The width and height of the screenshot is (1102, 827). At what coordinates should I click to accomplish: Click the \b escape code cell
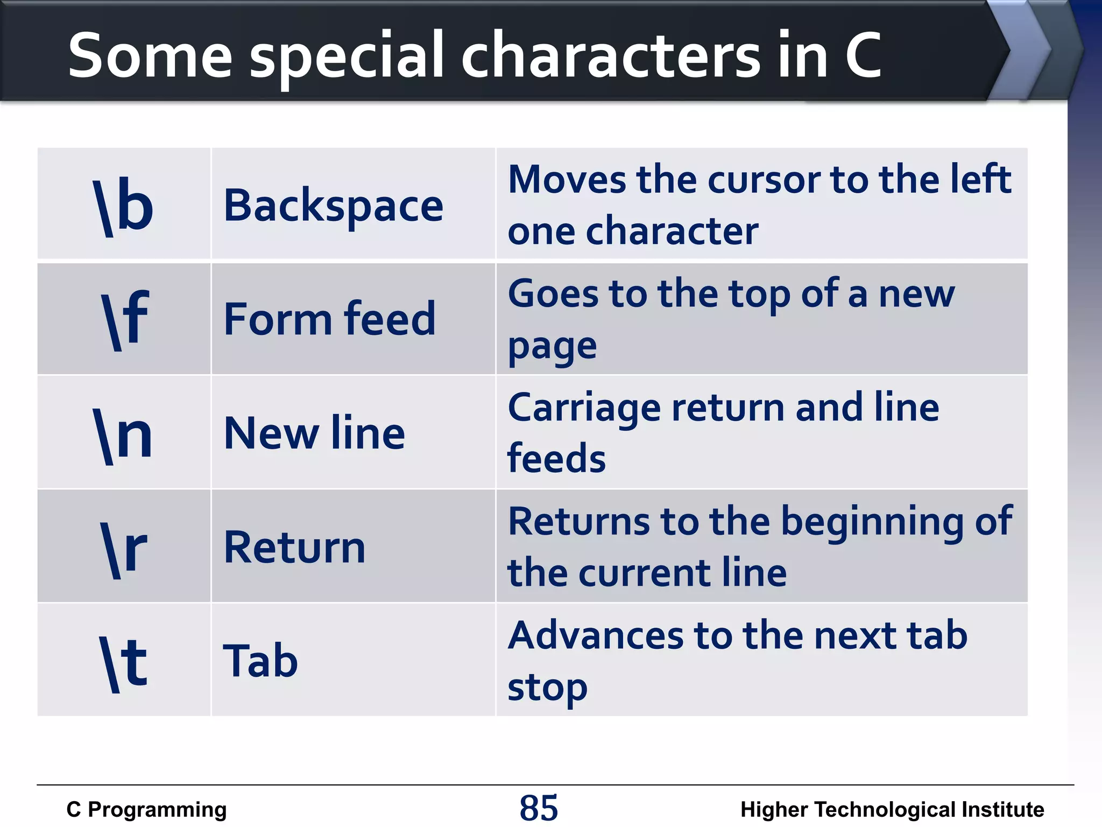pos(124,206)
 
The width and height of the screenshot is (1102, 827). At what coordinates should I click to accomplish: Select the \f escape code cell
pos(124,319)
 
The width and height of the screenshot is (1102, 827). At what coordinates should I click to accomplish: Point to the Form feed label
pos(329,319)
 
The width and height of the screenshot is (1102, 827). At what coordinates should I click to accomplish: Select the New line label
pos(314,433)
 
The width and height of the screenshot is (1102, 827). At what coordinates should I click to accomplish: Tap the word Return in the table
pos(294,548)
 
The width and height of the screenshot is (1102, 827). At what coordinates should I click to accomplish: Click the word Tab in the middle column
pos(260,661)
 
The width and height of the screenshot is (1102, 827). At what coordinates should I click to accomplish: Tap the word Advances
pos(596,636)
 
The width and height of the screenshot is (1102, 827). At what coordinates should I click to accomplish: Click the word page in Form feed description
pos(552,347)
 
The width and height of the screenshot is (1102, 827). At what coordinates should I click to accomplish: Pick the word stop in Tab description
pos(547,688)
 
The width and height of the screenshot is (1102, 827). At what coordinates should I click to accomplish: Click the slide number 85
pos(539,808)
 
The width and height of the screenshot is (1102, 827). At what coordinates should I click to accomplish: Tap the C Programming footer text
pos(146,810)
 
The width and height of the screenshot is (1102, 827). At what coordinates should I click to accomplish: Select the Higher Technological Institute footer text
pos(892,810)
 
